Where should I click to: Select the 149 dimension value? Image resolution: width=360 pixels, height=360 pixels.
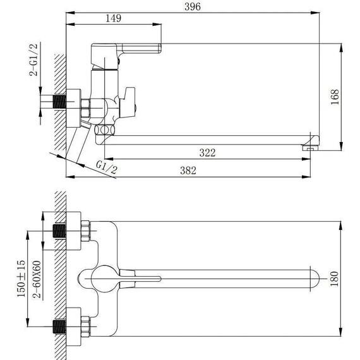(x=112, y=19)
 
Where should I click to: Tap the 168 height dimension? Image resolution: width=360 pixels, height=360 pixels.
(x=335, y=95)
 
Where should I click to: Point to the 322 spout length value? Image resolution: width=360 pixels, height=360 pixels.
(x=208, y=152)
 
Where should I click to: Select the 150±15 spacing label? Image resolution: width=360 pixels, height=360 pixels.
(x=21, y=277)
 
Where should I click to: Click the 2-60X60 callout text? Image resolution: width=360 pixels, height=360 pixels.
(x=39, y=278)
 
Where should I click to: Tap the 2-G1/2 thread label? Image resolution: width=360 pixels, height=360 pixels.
(x=33, y=61)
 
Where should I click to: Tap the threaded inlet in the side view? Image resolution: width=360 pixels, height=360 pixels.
(x=61, y=101)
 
